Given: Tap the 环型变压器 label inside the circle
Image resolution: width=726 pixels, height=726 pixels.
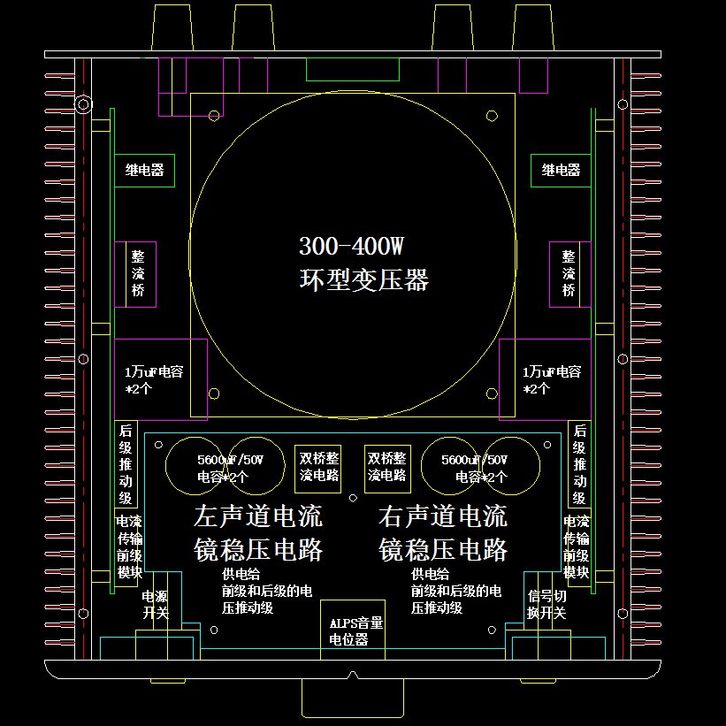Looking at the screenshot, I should click(x=363, y=280).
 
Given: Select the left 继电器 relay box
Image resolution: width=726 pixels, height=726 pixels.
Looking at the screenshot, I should click(x=143, y=171).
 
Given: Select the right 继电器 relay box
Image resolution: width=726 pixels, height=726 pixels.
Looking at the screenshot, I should click(x=561, y=171).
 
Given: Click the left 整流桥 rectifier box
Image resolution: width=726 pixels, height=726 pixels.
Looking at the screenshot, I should click(x=137, y=273).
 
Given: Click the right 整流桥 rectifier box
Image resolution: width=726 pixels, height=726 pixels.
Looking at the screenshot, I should click(x=569, y=273).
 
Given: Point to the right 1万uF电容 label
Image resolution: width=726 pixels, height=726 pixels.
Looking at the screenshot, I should click(x=552, y=372).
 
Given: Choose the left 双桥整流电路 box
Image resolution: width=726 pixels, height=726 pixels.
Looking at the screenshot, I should click(x=319, y=467).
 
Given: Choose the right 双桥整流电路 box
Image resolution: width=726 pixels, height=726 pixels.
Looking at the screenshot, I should click(x=386, y=467).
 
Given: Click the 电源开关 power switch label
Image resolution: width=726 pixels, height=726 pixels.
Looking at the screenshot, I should click(x=155, y=605).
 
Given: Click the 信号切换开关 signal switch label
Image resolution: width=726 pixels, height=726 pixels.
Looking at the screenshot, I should click(x=546, y=605).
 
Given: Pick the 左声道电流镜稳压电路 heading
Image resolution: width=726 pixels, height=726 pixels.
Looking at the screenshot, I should click(x=257, y=533).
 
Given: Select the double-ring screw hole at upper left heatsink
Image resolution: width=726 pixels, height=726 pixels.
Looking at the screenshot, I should click(x=83, y=104).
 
